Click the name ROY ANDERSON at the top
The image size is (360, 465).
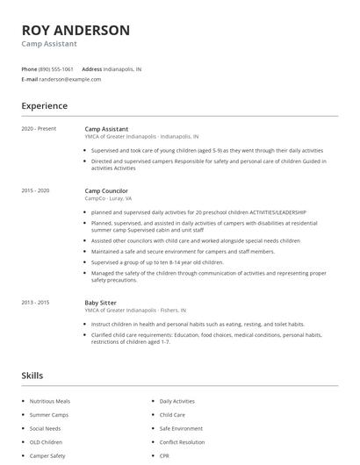76,30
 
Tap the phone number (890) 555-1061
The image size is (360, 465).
56,68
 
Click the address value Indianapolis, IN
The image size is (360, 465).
123,68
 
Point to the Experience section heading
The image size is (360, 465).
44,106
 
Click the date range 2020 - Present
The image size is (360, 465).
39,129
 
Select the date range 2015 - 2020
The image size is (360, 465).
35,190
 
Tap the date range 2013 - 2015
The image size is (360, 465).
35,303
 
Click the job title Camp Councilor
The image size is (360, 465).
106,190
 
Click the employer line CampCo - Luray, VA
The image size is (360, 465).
109,198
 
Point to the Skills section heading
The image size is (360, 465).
32,376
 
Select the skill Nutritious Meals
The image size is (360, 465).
50,401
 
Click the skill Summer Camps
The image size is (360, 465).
49,415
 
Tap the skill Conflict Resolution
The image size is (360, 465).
183,442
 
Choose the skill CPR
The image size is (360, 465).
164,456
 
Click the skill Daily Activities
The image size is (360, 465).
177,401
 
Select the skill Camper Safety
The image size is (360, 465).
47,456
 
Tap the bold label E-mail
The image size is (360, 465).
29,79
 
